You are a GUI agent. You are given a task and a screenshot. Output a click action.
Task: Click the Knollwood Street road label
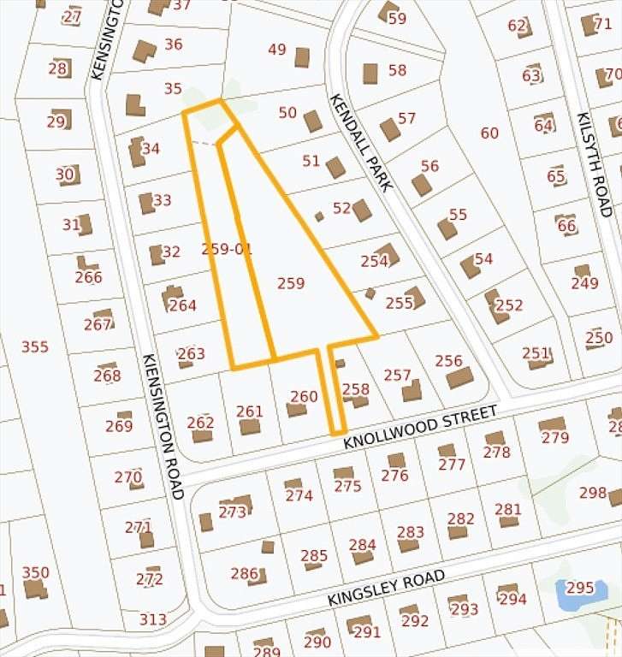click(420, 428)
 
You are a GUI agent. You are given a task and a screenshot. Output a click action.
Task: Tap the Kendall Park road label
click(359, 142)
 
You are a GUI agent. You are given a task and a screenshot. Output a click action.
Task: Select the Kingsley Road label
click(386, 589)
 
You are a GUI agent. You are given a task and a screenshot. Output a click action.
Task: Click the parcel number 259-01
click(227, 249)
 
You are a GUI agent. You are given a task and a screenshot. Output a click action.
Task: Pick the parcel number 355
click(35, 346)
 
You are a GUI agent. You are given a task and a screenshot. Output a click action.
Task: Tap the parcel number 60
click(489, 133)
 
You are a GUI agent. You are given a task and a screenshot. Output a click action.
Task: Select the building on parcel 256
click(459, 377)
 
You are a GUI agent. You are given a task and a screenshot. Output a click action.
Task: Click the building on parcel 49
click(302, 57)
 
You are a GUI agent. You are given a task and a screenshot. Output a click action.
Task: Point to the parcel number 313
click(153, 619)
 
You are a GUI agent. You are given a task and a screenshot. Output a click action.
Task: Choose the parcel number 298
click(593, 492)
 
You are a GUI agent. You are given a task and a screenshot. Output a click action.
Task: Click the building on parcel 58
click(370, 74)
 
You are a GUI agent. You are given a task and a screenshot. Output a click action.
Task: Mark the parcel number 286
click(244, 573)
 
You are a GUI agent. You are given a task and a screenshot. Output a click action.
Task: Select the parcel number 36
click(174, 44)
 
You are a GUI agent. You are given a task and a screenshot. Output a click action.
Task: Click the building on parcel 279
click(552, 424)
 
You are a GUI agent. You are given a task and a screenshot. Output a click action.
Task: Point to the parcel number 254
click(375, 261)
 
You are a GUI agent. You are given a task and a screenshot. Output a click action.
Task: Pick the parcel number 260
click(304, 396)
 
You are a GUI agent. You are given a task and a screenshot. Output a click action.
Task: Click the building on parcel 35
click(135, 105)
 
